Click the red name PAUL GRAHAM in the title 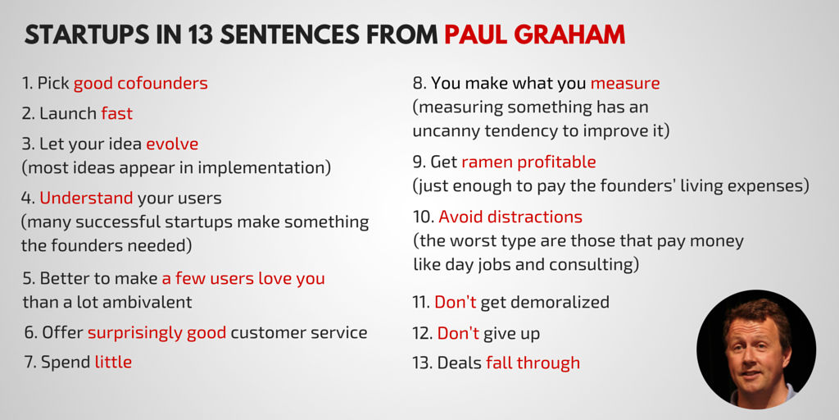534,34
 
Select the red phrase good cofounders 141,84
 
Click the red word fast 116,113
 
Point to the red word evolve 172,144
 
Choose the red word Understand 86,199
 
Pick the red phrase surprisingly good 156,333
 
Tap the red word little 113,362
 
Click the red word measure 625,84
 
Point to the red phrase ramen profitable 528,162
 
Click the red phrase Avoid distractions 510,217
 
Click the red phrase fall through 533,363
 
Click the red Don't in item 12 458,333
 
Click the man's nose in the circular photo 756,354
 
